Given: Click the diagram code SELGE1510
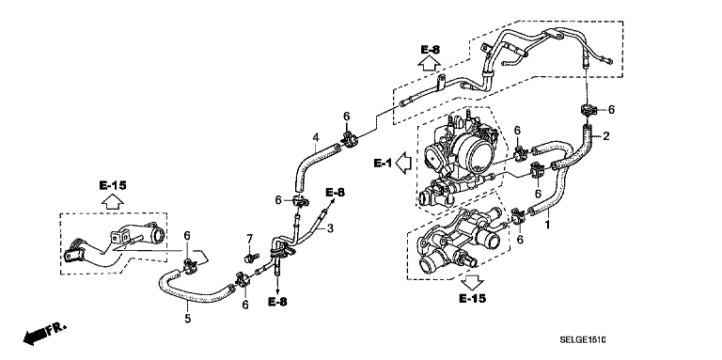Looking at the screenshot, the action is pyautogui.click(x=583, y=340).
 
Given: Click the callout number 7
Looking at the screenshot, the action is pyautogui.click(x=249, y=239).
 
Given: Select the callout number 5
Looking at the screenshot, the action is pyautogui.click(x=188, y=318).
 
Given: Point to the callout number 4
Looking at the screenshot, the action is pyautogui.click(x=316, y=137).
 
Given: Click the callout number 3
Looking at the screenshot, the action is pyautogui.click(x=330, y=227).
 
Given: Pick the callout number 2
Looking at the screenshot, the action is pyautogui.click(x=606, y=135).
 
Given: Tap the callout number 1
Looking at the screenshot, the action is pyautogui.click(x=547, y=225).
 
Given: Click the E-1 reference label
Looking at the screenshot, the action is pyautogui.click(x=383, y=163).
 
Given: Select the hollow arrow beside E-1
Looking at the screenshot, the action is pyautogui.click(x=403, y=164).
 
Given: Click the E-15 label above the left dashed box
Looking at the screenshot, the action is pyautogui.click(x=113, y=185).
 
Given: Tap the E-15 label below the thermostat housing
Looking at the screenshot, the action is pyautogui.click(x=473, y=299).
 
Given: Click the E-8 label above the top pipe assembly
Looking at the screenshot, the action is pyautogui.click(x=430, y=50).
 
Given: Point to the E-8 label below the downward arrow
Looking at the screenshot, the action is pyautogui.click(x=277, y=302).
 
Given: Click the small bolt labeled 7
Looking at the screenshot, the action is pyautogui.click(x=251, y=257).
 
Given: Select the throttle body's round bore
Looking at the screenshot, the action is pyautogui.click(x=479, y=151).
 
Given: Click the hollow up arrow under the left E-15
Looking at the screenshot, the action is pyautogui.click(x=113, y=201).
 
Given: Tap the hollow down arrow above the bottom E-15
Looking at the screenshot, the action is pyautogui.click(x=473, y=281).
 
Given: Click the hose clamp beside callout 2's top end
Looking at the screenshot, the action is pyautogui.click(x=588, y=110).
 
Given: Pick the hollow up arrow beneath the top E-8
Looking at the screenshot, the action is pyautogui.click(x=429, y=63).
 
